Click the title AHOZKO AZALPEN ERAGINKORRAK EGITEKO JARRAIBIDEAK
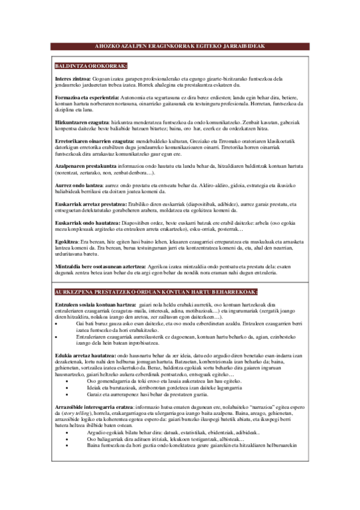click(x=180, y=46)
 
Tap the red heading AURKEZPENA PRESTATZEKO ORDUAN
click(x=155, y=292)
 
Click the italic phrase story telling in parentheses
click(x=75, y=416)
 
